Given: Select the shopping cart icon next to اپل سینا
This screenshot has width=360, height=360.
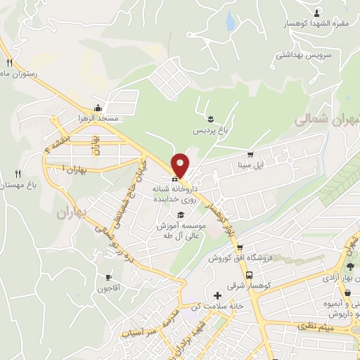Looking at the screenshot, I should pos(250,154).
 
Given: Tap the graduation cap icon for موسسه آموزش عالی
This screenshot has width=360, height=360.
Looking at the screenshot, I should pos(181,214).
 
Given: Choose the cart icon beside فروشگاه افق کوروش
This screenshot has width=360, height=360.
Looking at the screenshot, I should pos(240,247).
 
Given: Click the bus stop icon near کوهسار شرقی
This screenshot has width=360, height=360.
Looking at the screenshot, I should pos(250,275).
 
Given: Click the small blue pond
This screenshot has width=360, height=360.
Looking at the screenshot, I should pos(230,22).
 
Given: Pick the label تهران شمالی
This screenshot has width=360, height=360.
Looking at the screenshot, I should pos(331,120).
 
